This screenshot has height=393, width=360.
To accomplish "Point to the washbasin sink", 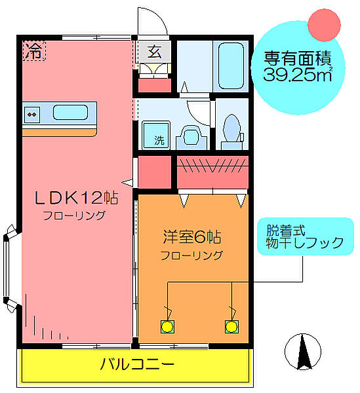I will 191,136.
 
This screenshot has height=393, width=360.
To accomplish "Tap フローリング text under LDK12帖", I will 74,215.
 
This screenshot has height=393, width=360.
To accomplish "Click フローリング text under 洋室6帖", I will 192,255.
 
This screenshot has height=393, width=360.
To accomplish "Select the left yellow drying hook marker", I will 169,326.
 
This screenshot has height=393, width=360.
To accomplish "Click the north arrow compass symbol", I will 304,351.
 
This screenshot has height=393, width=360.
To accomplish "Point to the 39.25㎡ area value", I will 297,73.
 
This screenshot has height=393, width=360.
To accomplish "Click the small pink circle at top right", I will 323,24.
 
